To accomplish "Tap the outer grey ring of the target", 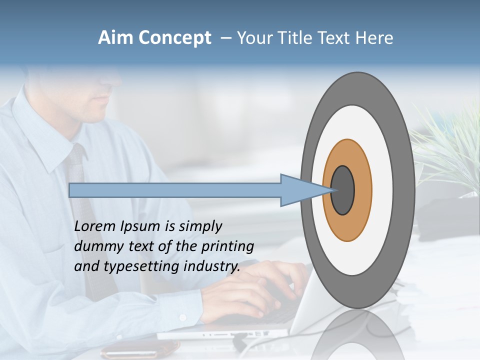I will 405,190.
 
